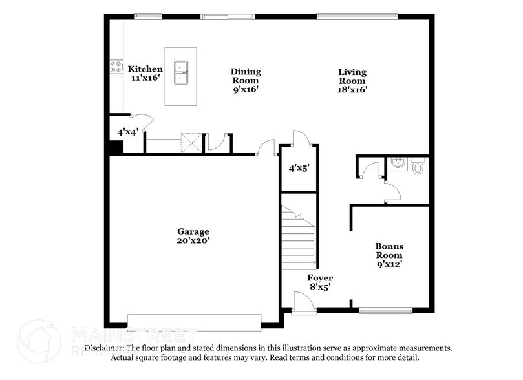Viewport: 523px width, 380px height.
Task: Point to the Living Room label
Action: pyautogui.click(x=352, y=81)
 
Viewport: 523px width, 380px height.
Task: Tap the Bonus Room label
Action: pyautogui.click(x=389, y=255)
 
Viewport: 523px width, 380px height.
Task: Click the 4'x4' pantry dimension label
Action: pyautogui.click(x=127, y=132)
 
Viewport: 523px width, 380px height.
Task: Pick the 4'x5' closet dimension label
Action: pyautogui.click(x=299, y=168)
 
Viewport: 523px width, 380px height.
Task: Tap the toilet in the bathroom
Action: pyautogui.click(x=417, y=167)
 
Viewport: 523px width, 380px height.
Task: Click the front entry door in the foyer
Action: pyautogui.click(x=301, y=303)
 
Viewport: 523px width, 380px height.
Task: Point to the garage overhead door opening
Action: pyautogui.click(x=194, y=321)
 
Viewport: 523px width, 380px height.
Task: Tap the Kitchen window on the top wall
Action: pyautogui.click(x=148, y=16)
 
